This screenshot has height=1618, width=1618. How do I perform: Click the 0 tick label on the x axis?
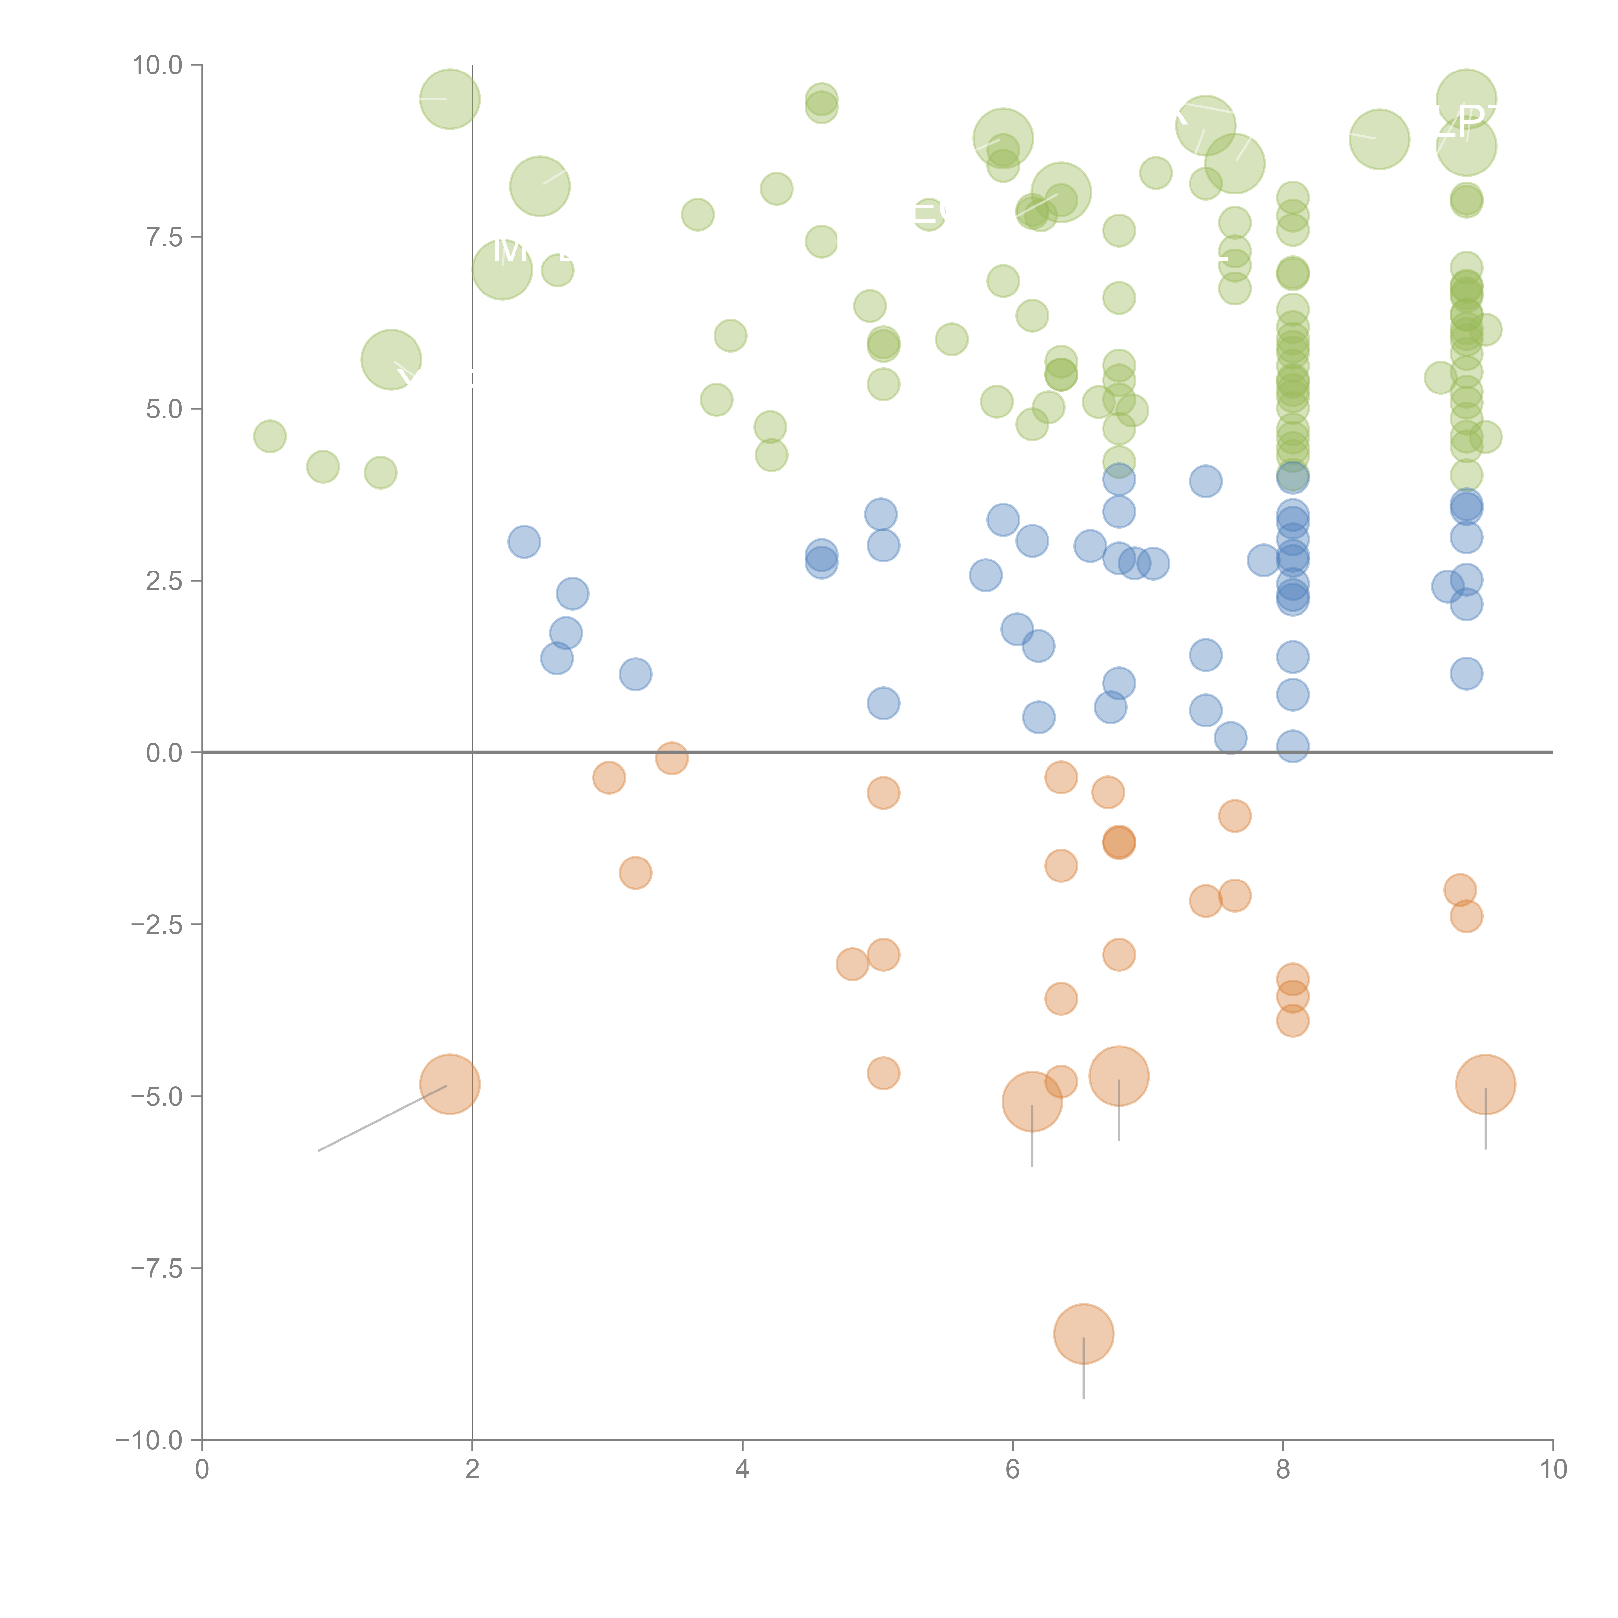click(x=202, y=1470)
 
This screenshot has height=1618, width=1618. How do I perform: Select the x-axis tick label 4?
click(x=742, y=1470)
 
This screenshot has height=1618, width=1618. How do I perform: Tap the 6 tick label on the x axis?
click(x=1013, y=1470)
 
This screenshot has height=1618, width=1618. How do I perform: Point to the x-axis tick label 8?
click(x=1283, y=1470)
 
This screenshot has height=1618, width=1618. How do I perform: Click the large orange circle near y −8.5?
click(x=1084, y=1334)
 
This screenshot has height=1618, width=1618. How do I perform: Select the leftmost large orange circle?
click(x=450, y=1084)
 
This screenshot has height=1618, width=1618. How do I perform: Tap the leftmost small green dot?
click(x=270, y=436)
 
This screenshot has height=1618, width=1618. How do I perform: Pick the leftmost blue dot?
click(x=524, y=542)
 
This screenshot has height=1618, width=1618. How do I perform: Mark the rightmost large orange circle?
click(x=1486, y=1084)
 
